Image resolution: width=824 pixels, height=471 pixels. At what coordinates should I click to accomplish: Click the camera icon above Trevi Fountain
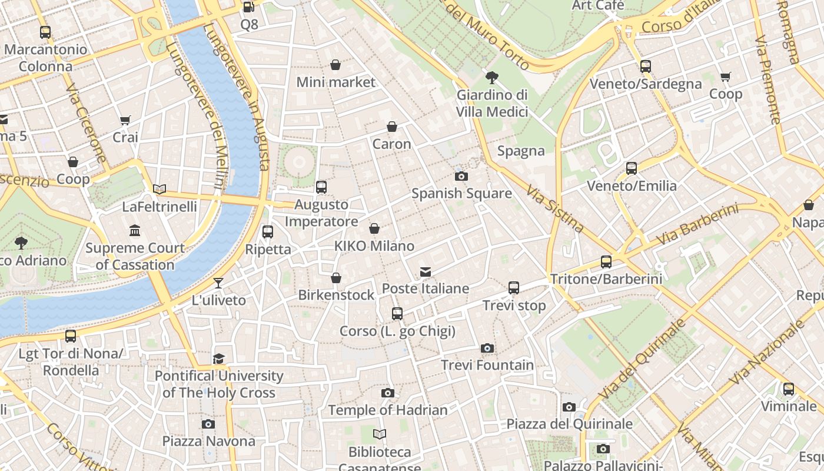(x=487, y=348)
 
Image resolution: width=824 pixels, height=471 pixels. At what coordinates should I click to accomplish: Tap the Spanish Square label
(x=461, y=193)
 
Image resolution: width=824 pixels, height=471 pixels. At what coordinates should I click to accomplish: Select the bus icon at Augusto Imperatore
(x=321, y=187)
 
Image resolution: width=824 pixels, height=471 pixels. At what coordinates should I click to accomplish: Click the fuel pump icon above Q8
(x=249, y=7)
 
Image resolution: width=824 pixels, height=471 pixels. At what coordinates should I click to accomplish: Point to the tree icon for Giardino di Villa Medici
(x=491, y=78)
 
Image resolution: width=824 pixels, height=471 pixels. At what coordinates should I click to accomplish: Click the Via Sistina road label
(x=556, y=209)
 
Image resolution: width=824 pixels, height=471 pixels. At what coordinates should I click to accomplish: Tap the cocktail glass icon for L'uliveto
(x=218, y=283)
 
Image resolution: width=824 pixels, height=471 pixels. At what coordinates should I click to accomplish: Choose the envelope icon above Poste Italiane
(x=425, y=271)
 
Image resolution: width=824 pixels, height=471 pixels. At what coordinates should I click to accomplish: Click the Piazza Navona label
(x=208, y=441)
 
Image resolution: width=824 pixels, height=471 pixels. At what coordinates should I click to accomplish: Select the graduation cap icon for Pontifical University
(x=218, y=359)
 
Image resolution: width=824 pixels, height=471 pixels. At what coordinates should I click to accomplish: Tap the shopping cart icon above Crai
(x=125, y=121)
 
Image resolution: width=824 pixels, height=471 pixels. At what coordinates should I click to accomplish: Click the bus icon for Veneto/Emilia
(x=632, y=168)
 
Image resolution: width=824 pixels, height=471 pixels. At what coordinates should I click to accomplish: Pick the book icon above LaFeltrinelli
(x=159, y=190)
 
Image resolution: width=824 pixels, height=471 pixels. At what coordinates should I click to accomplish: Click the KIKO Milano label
(x=374, y=246)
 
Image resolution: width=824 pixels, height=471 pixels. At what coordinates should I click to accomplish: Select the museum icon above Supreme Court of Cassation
(x=135, y=230)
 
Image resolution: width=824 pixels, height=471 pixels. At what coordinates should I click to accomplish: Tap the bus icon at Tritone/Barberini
(x=606, y=262)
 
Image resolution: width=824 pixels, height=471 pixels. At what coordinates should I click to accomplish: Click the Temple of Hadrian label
(x=388, y=410)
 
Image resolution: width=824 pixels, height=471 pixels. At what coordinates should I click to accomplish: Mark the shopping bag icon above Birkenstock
(x=336, y=278)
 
